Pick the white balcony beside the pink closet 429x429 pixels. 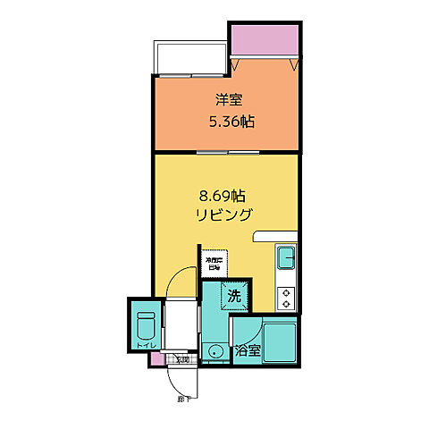tap(191, 56)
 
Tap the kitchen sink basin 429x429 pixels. tap(288, 259)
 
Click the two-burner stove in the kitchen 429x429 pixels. tap(287, 297)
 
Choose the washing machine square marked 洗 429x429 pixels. tap(232, 294)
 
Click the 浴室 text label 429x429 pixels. tap(248, 351)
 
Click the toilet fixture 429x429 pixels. tap(146, 324)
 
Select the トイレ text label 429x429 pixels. tap(144, 345)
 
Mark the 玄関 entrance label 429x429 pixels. tap(182, 359)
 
